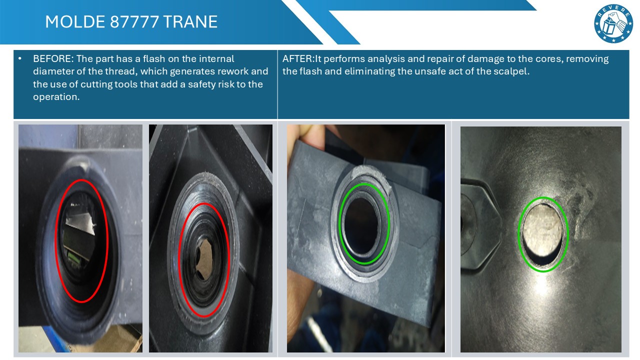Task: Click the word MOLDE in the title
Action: (75, 21)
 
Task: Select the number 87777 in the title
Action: (134, 21)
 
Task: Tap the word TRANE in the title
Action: (190, 21)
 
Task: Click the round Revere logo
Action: (613, 23)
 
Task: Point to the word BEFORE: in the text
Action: (53, 59)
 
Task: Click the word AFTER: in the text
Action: (298, 59)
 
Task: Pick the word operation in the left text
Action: (56, 97)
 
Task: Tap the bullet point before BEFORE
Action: (19, 59)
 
